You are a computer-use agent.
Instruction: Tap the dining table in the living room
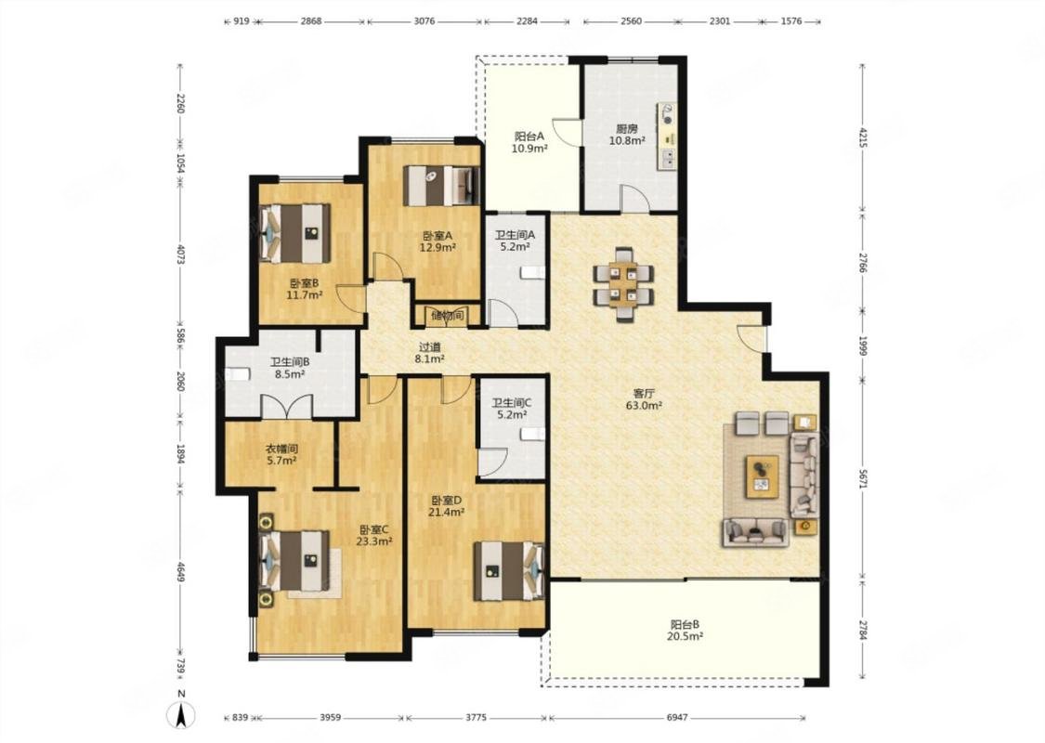(x=624, y=284)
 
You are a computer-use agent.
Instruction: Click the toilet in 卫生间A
(x=532, y=272)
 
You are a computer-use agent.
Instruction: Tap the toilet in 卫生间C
(x=533, y=434)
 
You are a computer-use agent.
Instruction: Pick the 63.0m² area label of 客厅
(x=643, y=405)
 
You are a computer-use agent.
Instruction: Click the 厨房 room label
(x=626, y=129)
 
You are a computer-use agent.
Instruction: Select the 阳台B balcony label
(x=685, y=625)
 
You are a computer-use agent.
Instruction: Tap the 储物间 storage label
(x=447, y=316)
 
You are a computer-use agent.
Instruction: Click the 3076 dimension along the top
(x=424, y=20)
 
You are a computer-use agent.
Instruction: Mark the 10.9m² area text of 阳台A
(x=529, y=149)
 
